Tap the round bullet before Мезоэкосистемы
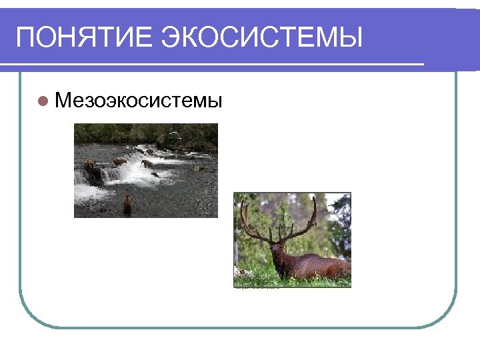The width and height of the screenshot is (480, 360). pos(43,101)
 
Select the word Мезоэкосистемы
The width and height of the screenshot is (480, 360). pos(139,101)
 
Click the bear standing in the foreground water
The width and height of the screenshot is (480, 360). pos(127,203)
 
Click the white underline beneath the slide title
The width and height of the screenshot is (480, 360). pos(213,65)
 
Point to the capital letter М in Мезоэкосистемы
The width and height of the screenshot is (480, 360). pos(63,101)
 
